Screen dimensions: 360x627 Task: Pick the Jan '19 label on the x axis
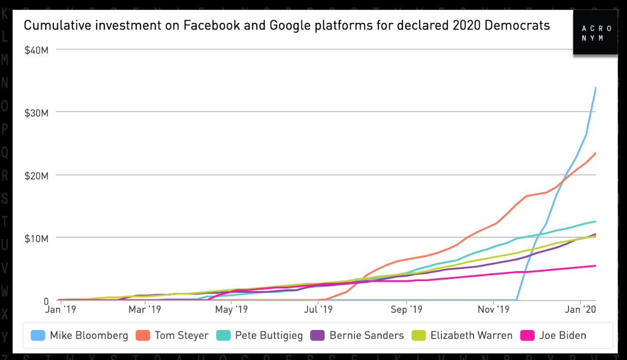point(60,309)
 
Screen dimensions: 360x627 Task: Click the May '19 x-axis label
point(231,309)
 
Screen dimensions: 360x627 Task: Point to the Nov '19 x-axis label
point(494,309)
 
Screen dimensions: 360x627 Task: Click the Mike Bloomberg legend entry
point(81,335)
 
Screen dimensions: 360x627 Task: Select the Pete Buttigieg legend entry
point(261,335)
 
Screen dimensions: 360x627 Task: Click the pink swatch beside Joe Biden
point(528,335)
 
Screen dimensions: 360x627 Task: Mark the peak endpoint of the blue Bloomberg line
point(596,87)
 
